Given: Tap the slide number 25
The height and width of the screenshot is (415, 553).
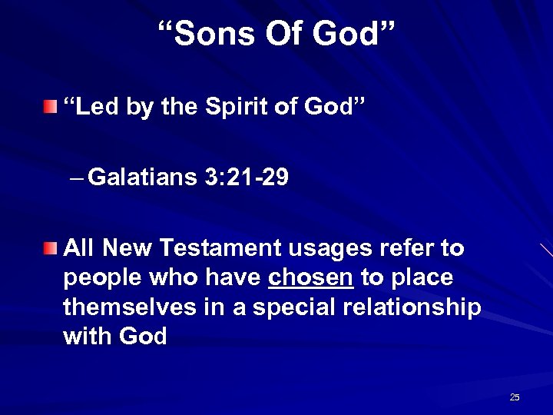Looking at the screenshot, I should [515, 397].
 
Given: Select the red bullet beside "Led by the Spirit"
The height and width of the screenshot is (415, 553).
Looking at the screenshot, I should [49, 105].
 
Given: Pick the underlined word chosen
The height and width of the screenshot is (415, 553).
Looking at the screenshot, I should [310, 277].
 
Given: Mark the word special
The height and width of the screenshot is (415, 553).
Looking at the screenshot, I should [286, 307].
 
